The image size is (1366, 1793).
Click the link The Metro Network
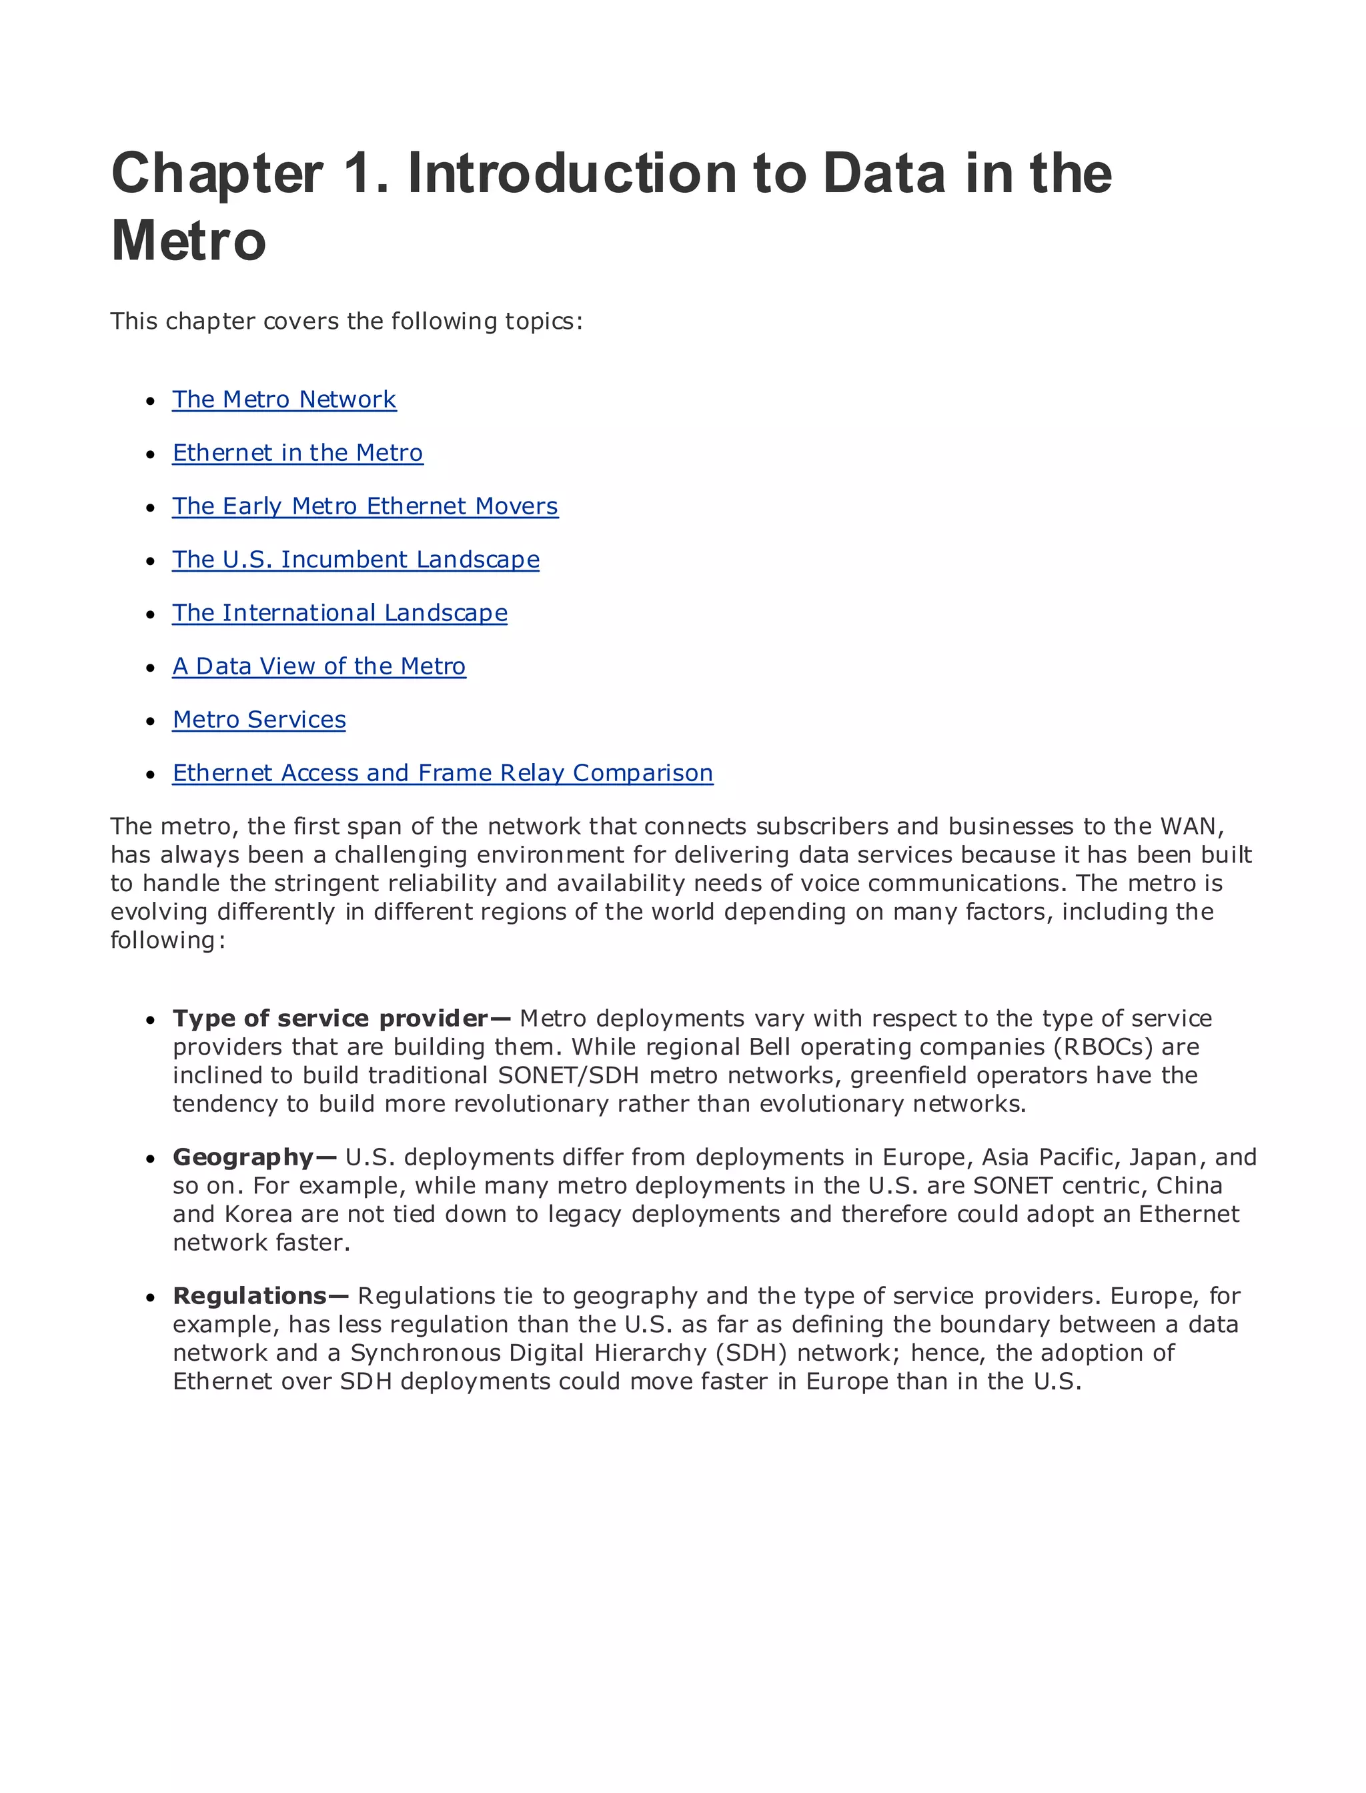pyautogui.click(x=283, y=400)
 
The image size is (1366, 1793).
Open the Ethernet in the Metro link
pyautogui.click(x=297, y=453)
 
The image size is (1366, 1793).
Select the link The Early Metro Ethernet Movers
pyautogui.click(x=365, y=506)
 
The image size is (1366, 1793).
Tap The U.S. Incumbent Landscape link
pyautogui.click(x=356, y=560)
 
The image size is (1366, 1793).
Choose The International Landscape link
pyautogui.click(x=340, y=613)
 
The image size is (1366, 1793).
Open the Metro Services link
pyautogui.click(x=259, y=720)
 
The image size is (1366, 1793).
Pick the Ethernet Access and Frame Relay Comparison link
pyautogui.click(x=442, y=772)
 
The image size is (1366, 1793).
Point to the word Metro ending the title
pyautogui.click(x=189, y=241)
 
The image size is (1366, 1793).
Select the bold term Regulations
pyautogui.click(x=250, y=1295)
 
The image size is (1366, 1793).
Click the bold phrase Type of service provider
pyautogui.click(x=330, y=1018)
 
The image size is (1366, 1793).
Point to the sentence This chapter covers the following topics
pyautogui.click(x=346, y=322)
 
